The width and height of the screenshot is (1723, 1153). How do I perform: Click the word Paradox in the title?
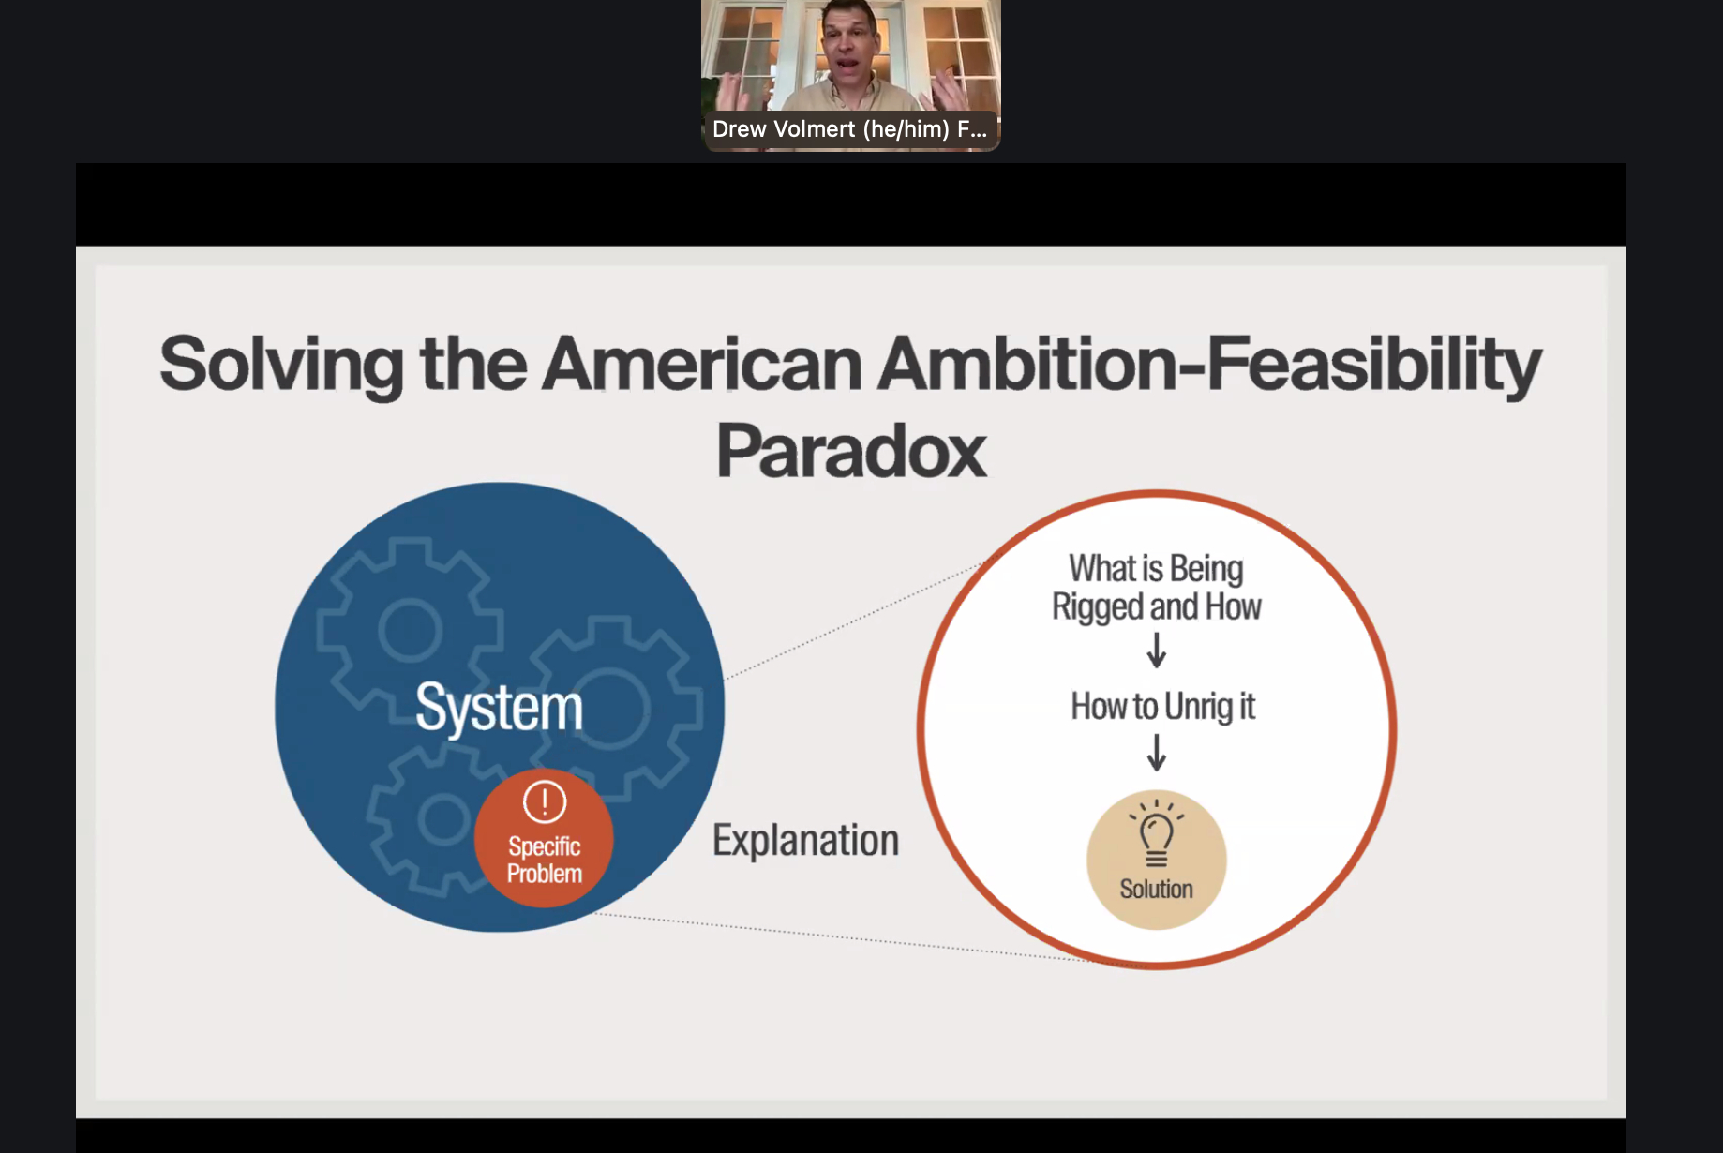point(851,451)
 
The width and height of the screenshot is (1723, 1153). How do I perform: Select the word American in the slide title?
point(702,364)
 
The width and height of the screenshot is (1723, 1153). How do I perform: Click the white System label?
point(499,709)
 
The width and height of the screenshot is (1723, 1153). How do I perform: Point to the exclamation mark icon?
point(545,801)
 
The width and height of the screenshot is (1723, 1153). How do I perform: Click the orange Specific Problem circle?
point(544,838)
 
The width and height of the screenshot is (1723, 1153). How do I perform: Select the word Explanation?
point(805,841)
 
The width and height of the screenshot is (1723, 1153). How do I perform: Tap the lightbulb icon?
point(1157,831)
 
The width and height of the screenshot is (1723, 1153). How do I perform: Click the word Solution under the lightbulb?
point(1156,889)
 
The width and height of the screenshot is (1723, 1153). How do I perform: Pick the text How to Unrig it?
point(1162,707)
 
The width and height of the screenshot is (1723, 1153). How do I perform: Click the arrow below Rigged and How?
point(1157,649)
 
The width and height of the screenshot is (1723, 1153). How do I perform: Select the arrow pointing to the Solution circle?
point(1157,752)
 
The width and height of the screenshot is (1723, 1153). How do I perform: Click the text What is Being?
point(1156,569)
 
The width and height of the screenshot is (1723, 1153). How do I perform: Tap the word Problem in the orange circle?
point(545,874)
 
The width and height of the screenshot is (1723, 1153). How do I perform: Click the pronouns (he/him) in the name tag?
point(906,129)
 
